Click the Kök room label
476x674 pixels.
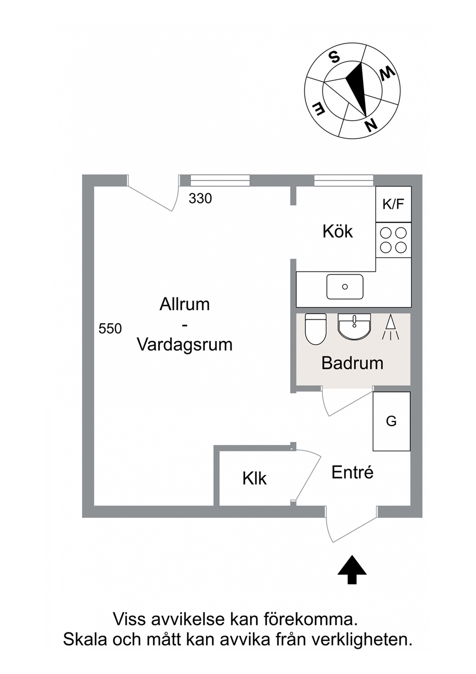(337, 232)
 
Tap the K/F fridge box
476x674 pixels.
(393, 204)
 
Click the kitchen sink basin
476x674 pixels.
(345, 287)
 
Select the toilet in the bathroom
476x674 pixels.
(316, 329)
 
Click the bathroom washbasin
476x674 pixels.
(355, 326)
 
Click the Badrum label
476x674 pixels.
(352, 363)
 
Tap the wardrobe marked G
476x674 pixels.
(392, 421)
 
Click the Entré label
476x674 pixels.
(353, 472)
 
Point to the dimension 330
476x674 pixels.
(200, 198)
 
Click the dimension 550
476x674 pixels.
(110, 329)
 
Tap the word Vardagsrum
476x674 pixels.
(185, 345)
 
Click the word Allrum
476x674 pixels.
(185, 304)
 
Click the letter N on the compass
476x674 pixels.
(370, 124)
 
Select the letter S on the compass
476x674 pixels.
(333, 56)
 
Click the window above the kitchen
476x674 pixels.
(344, 181)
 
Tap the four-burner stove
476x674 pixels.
(393, 240)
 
